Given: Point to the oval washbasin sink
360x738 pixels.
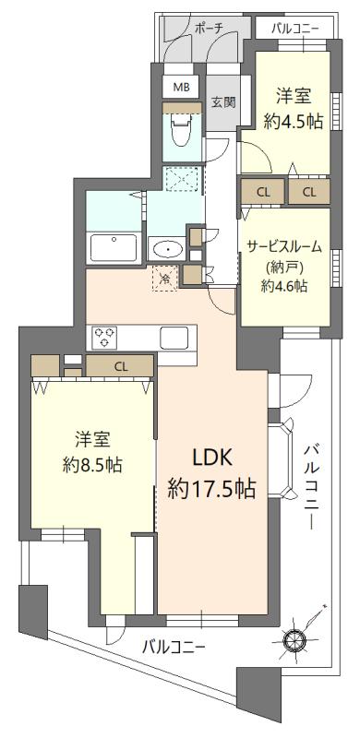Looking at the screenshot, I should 167,250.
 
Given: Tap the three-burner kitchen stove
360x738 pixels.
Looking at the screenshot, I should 103,338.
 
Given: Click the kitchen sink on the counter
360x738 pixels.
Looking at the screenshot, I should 174,338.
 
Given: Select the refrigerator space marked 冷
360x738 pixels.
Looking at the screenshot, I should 164,278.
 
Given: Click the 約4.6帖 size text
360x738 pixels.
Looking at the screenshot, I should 282,286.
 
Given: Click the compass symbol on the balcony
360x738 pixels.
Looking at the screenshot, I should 294,636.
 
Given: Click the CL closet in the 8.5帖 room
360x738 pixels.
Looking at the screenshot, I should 121,366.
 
